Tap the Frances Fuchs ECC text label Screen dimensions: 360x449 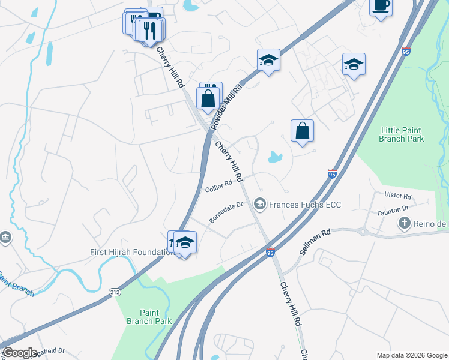[x=304, y=205]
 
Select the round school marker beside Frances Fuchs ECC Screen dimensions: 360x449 [x=259, y=205]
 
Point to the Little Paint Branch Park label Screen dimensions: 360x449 [x=402, y=134]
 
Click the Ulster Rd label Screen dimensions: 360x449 [x=399, y=196]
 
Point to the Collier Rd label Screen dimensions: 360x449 [x=218, y=187]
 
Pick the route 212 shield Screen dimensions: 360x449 [x=115, y=292]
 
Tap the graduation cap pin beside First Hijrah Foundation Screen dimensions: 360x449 [x=185, y=242]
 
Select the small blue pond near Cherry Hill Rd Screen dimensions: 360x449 [x=275, y=158]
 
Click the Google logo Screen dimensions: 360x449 [x=20, y=353]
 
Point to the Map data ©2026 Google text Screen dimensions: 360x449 [x=411, y=355]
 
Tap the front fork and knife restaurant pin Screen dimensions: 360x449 [x=151, y=29]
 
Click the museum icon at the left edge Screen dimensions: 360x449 [x=5, y=238]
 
